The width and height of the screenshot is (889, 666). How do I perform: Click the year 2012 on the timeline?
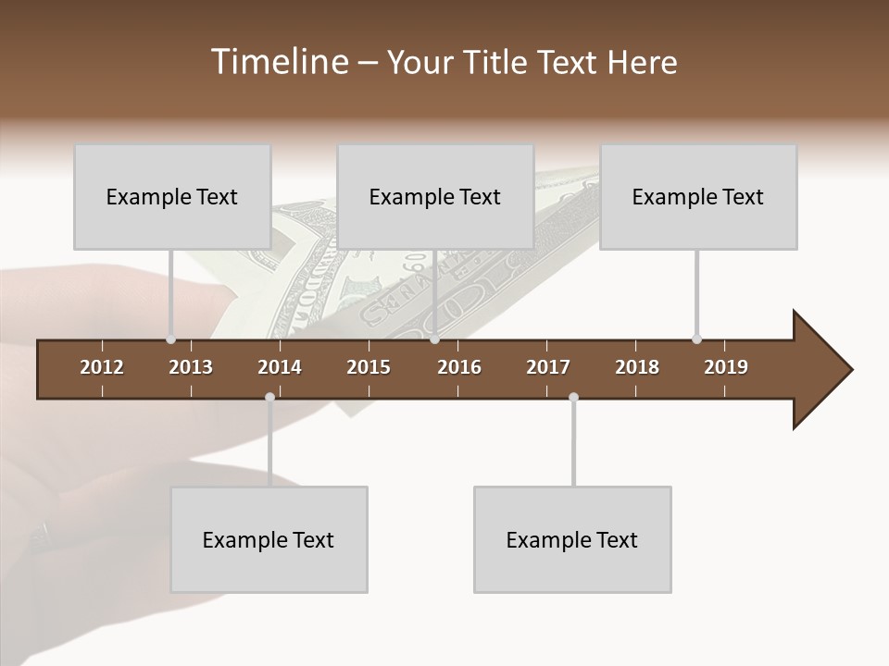[102, 367]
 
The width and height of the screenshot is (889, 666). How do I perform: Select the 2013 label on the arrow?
[191, 367]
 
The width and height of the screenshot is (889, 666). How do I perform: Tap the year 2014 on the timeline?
[280, 367]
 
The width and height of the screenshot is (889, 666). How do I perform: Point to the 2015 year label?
[369, 367]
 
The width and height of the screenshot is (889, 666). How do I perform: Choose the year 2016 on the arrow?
[459, 367]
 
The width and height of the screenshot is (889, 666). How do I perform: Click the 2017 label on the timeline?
[548, 367]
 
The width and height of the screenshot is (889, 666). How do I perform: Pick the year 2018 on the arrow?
[637, 367]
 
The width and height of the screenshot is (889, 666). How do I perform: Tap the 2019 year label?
[726, 367]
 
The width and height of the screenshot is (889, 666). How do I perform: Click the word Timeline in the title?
[278, 62]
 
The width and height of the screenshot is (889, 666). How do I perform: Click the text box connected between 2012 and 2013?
[172, 196]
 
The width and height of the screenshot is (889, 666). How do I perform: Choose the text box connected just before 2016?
[435, 196]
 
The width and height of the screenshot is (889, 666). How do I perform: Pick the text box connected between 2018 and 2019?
[698, 196]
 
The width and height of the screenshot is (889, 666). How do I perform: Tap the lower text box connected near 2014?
[269, 539]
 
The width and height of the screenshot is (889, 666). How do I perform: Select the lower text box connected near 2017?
[572, 539]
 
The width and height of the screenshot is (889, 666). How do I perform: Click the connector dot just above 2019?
[696, 339]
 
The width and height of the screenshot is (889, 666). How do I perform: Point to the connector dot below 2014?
[269, 398]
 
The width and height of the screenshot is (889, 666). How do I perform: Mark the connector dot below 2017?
[573, 398]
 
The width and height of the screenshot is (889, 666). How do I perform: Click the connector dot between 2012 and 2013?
[170, 339]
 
